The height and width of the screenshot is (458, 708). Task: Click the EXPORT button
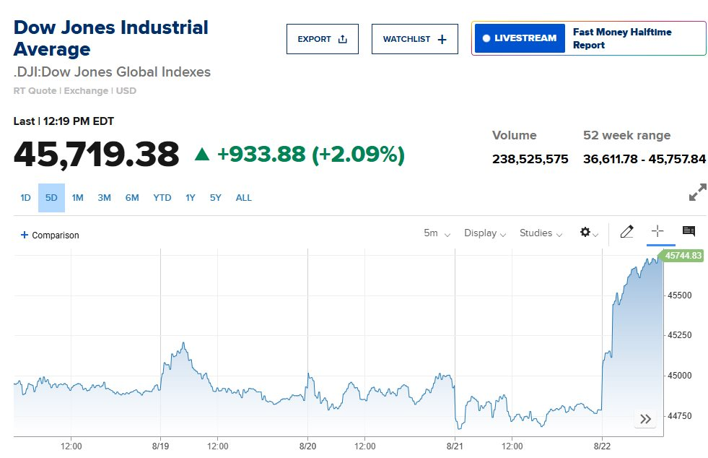point(322,39)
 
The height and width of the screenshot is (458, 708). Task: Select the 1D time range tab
point(25,198)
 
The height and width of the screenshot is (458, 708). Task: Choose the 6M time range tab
point(131,198)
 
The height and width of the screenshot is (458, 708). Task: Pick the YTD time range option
point(162,198)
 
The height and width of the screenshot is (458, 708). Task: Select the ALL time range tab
point(243,198)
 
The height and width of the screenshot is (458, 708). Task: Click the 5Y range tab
point(216,198)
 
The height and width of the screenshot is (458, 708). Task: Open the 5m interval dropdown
point(437,233)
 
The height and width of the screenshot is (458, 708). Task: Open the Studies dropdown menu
point(540,233)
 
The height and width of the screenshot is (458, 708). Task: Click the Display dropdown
point(484,233)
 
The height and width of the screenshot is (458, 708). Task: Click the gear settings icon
point(587,233)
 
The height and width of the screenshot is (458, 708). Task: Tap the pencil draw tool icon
point(626,232)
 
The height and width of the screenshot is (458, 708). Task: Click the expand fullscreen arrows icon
point(697,193)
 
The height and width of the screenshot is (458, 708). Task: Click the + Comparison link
point(50,236)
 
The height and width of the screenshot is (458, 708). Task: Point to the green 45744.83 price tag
point(683,256)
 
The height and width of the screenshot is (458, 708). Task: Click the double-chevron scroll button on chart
point(645,419)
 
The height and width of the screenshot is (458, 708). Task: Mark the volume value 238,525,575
point(530,159)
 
